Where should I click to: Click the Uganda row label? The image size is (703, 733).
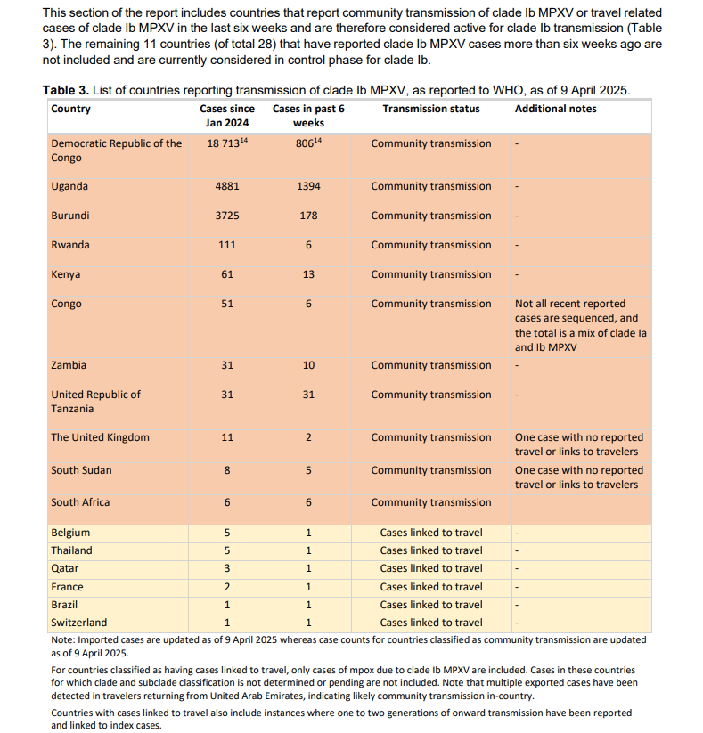click(x=69, y=187)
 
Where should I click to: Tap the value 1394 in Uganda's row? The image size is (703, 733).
click(x=307, y=187)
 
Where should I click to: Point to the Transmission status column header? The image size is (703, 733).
click(x=430, y=109)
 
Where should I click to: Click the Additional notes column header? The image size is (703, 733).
click(x=556, y=109)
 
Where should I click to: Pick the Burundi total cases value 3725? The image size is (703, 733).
click(x=227, y=216)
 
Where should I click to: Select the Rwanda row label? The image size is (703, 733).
click(x=70, y=246)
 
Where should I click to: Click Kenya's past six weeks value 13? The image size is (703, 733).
click(x=307, y=275)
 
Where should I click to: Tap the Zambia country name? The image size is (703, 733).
click(x=69, y=365)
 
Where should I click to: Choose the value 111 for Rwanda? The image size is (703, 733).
click(x=227, y=246)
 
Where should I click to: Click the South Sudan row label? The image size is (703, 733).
click(x=81, y=470)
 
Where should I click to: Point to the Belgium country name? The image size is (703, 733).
click(x=70, y=533)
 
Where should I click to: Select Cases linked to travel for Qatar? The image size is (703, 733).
click(x=430, y=568)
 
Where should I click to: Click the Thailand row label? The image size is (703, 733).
click(x=71, y=550)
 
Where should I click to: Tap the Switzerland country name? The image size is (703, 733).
click(x=78, y=623)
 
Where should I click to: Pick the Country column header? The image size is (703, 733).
click(x=71, y=109)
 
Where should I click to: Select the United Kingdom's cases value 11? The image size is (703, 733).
click(x=227, y=438)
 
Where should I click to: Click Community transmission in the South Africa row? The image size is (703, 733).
click(x=430, y=502)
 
